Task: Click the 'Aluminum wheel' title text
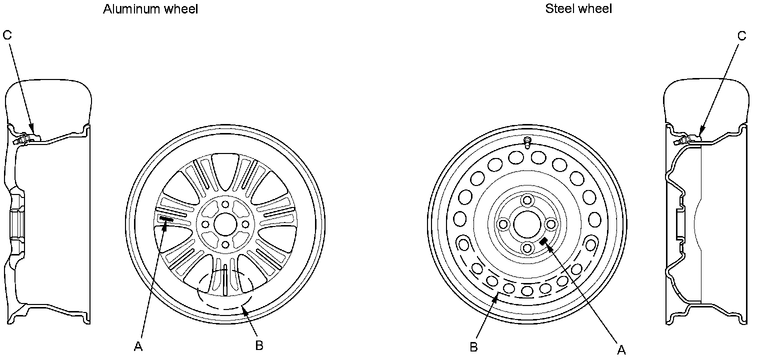click(x=150, y=9)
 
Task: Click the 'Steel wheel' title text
click(x=578, y=8)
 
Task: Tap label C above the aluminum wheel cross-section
click(x=7, y=35)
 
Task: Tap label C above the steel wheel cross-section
click(x=741, y=35)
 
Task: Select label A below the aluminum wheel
click(x=138, y=346)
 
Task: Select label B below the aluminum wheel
click(x=259, y=345)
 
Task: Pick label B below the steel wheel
click(x=474, y=347)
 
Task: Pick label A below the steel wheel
click(x=621, y=350)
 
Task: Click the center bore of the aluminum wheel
click(x=225, y=224)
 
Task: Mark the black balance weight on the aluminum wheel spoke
click(x=166, y=219)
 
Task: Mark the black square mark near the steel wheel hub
click(x=543, y=241)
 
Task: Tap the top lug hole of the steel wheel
click(x=526, y=200)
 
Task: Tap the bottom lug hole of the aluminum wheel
click(x=225, y=244)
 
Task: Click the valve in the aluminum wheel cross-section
click(x=24, y=138)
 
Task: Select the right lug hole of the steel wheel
click(x=550, y=224)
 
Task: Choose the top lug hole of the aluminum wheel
click(x=225, y=204)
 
